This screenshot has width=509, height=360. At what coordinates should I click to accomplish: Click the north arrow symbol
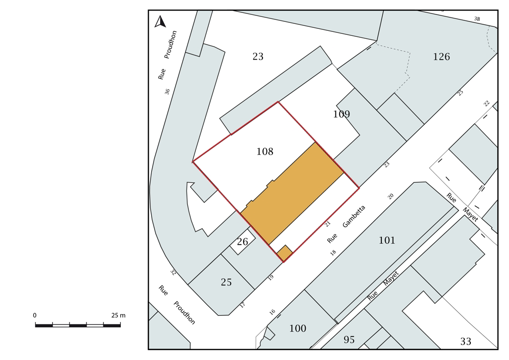(x=160, y=22)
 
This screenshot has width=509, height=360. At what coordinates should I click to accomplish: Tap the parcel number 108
(x=265, y=152)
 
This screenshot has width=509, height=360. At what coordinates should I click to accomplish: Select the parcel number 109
(x=341, y=114)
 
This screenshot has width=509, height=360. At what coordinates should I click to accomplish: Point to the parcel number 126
(x=441, y=57)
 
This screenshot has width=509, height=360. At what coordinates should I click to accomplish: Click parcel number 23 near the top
(x=258, y=57)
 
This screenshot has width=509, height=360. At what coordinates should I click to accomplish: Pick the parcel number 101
(x=387, y=240)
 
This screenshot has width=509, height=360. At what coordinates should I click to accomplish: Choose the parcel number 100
(x=298, y=329)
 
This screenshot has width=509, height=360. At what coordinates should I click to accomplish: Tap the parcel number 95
(x=349, y=340)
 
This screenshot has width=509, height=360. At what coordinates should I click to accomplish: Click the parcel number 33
(x=466, y=342)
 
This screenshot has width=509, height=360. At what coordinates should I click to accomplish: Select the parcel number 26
(x=243, y=242)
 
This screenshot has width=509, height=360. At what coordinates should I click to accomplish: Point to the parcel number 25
(x=226, y=282)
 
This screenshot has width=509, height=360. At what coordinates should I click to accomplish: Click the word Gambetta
(x=354, y=216)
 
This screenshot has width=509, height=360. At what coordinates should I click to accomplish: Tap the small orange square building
(x=285, y=253)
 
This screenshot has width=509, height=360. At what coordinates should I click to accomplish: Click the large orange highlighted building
(x=292, y=193)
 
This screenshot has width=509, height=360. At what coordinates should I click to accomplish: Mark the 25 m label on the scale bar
(x=118, y=316)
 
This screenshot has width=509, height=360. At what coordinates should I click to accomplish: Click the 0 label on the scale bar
(x=35, y=316)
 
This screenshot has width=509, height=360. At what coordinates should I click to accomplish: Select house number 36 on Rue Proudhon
(x=167, y=92)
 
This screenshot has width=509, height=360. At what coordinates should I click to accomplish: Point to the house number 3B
(x=477, y=19)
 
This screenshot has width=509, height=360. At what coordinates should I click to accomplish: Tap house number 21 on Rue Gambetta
(x=328, y=224)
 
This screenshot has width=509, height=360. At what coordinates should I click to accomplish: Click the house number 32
(x=173, y=272)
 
